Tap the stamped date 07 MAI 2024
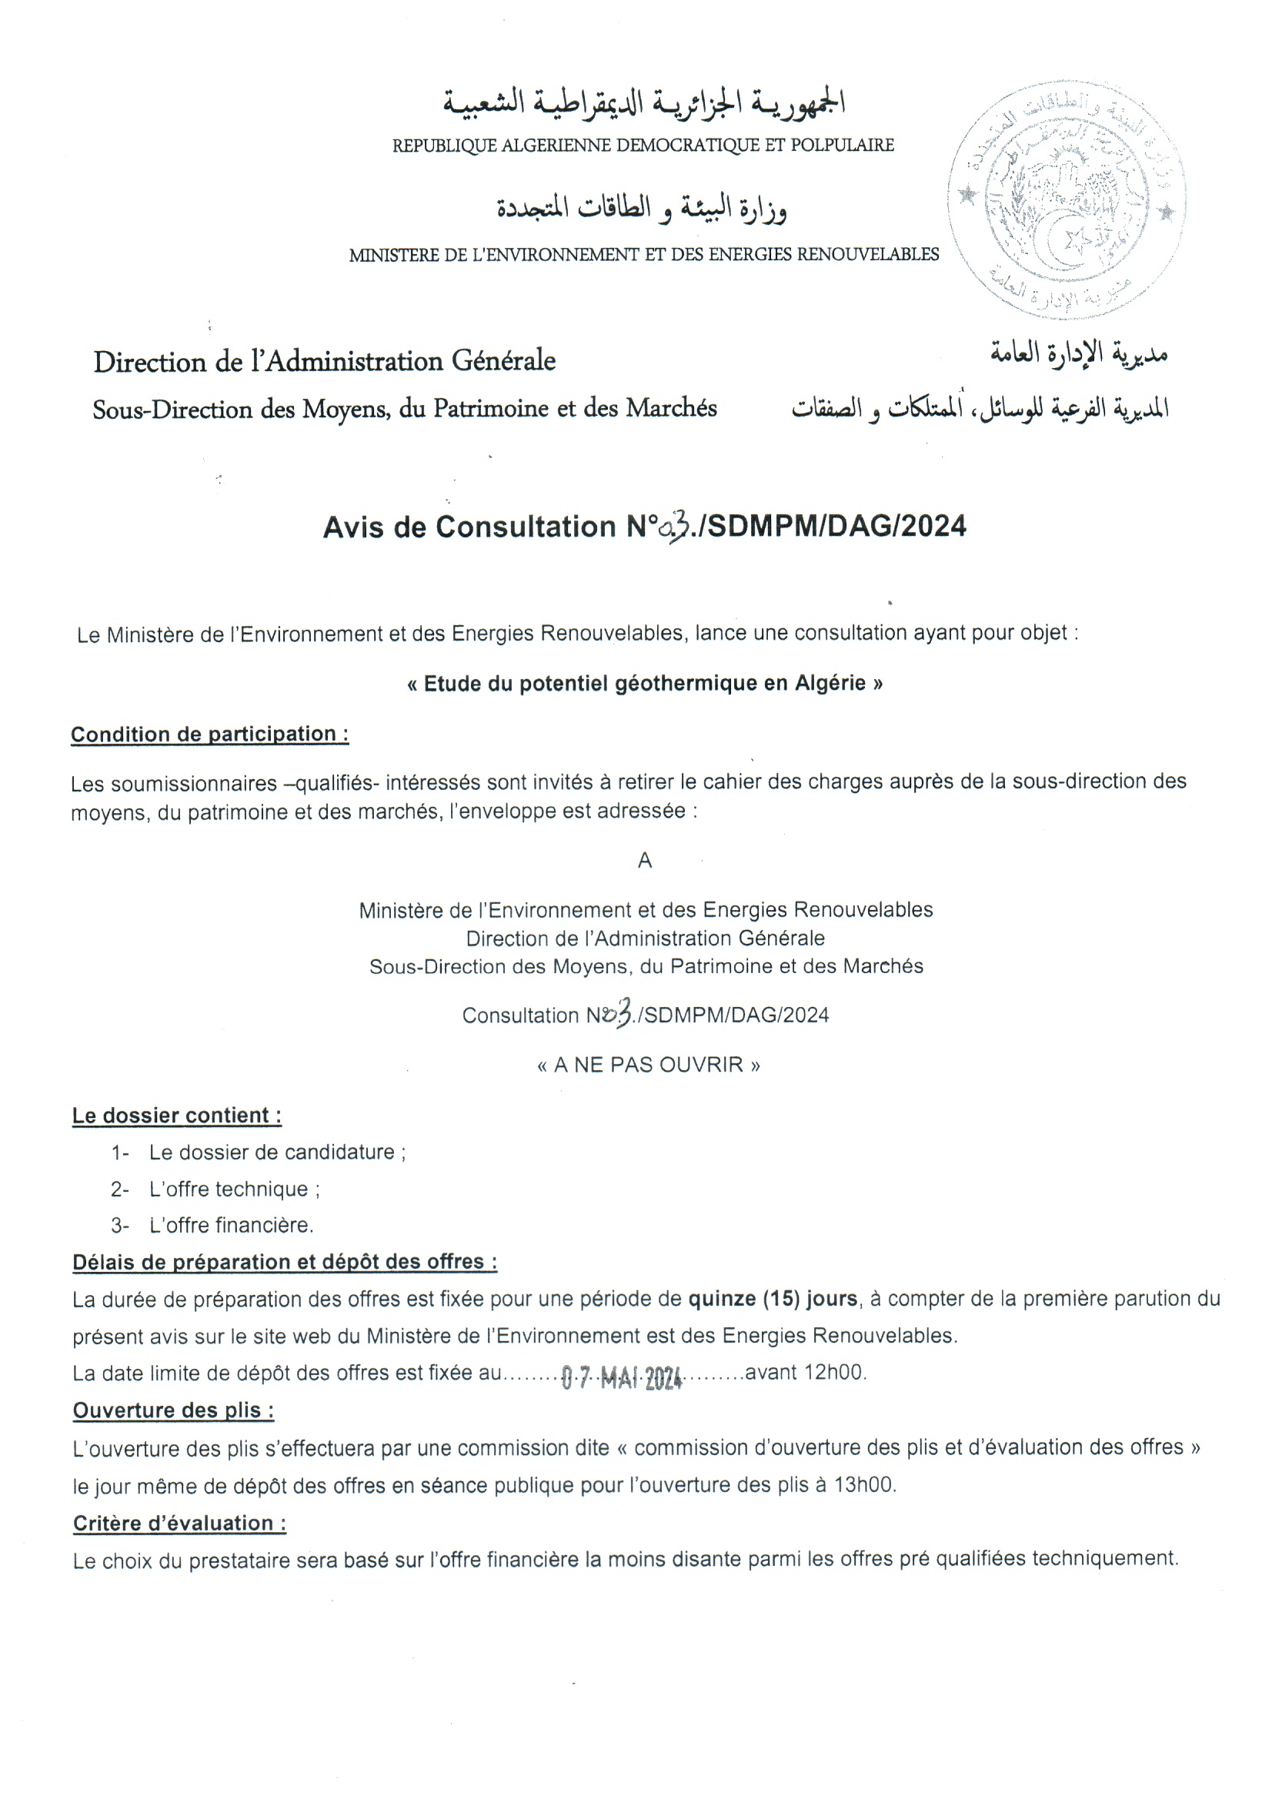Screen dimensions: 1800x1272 pyautogui.click(x=622, y=1377)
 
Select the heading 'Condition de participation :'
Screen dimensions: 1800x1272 pyautogui.click(x=209, y=734)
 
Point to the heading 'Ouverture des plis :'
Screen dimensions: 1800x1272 pyautogui.click(x=173, y=1410)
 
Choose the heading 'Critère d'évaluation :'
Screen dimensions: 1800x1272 pyautogui.click(x=179, y=1524)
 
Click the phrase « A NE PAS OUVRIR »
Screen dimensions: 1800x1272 pyautogui.click(x=648, y=1065)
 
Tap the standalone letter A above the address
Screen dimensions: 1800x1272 pyautogui.click(x=645, y=861)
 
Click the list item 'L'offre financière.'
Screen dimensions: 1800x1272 pyautogui.click(x=231, y=1225)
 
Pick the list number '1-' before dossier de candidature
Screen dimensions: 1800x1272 pyautogui.click(x=119, y=1153)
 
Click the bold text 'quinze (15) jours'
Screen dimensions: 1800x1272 pyautogui.click(x=772, y=1299)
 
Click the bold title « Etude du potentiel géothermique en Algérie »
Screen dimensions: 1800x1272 pyautogui.click(x=645, y=684)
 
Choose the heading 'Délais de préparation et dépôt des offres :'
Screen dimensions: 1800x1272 pyautogui.click(x=285, y=1261)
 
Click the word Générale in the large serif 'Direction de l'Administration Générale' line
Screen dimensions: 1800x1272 pyautogui.click(x=503, y=360)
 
